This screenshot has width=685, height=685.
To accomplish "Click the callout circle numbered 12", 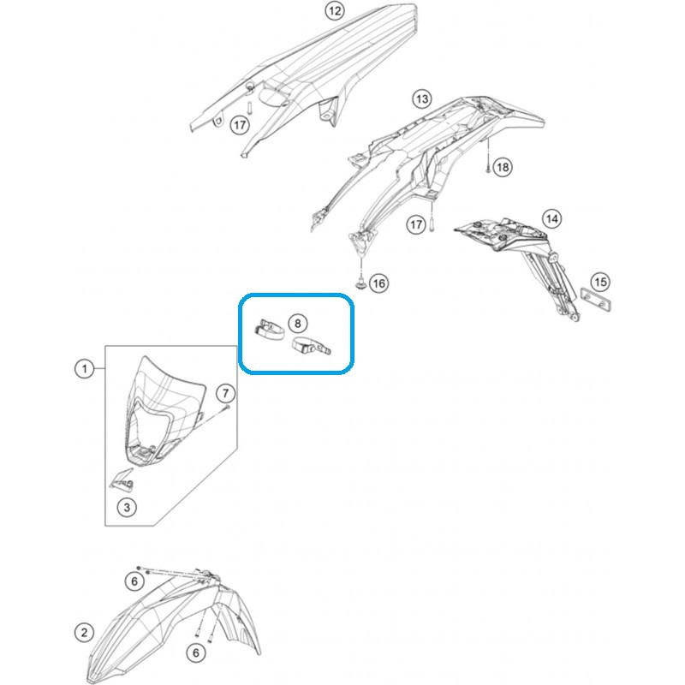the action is [335, 11].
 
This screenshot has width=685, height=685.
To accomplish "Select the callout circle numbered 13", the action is [422, 99].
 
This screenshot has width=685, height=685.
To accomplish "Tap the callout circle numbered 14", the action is [551, 218].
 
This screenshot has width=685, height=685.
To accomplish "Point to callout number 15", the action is [601, 282].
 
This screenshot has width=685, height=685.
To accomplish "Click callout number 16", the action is [378, 283].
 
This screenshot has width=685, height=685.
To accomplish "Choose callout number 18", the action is [503, 167].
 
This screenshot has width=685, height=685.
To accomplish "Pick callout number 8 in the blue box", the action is [298, 324].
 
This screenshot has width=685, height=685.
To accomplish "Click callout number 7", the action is [225, 393].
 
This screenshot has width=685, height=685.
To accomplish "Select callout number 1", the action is [85, 369].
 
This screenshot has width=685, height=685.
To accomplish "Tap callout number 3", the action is [127, 507].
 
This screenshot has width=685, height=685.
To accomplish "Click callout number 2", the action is [84, 632].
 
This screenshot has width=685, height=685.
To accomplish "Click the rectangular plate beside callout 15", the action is [595, 299].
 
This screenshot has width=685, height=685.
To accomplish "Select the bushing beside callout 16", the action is [360, 284].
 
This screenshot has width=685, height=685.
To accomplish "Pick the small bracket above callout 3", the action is [122, 479].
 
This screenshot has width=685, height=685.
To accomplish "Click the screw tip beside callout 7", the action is [227, 408].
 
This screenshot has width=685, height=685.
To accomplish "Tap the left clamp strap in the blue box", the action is [269, 329].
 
